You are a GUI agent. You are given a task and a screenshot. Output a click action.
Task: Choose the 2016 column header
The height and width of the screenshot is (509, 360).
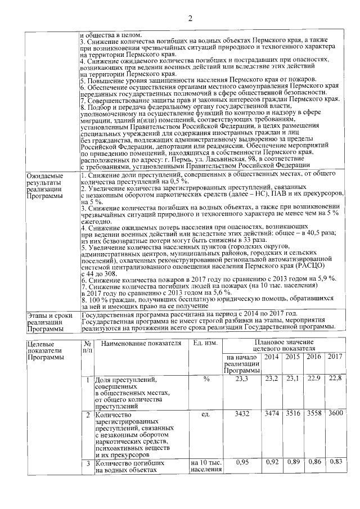[x=314, y=357]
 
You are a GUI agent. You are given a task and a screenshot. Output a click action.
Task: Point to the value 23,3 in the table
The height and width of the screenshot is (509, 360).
[x=242, y=380]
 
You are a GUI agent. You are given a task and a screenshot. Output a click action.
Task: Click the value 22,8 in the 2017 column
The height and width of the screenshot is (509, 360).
[x=335, y=380]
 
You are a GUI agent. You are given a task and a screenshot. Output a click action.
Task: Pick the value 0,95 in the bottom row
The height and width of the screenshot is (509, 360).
[x=242, y=462]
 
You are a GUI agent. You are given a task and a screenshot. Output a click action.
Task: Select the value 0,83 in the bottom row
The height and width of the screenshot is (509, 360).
[x=335, y=462]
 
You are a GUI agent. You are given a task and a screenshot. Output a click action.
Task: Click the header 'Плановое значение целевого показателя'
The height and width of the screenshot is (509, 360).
[x=283, y=345]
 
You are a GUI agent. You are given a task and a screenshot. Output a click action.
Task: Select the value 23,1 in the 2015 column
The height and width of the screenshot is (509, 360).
[x=293, y=380]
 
